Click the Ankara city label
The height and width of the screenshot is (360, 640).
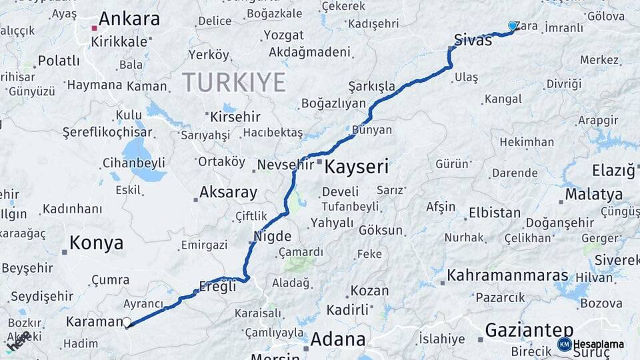130,19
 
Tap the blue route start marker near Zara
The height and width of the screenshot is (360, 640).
513,25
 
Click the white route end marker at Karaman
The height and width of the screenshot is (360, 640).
126,323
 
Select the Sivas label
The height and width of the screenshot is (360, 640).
473,40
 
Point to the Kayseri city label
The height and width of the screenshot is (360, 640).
356,167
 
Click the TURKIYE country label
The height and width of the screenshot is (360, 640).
233,83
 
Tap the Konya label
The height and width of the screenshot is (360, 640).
97,243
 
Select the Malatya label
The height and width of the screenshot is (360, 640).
594,195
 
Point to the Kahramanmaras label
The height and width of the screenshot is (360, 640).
507,275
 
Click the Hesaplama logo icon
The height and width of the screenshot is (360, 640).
564,344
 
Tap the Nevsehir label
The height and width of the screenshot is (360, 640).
285,164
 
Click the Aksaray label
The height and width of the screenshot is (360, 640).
229,193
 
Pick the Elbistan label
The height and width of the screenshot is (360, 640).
494,213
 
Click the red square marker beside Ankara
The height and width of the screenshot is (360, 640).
95,29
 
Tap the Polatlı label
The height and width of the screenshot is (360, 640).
59,61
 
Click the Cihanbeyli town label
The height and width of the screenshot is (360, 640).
134,163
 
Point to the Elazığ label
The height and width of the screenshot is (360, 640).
614,171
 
